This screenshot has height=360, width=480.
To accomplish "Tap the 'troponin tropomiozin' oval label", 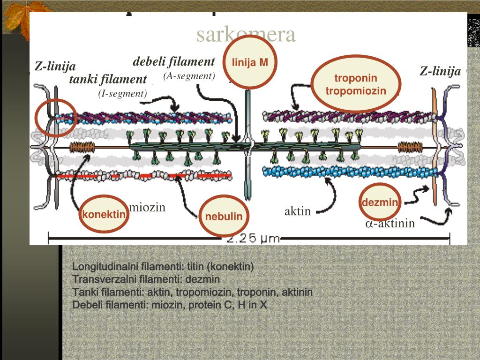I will pyautogui.click(x=356, y=84).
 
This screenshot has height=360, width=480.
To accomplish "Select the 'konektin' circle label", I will pyautogui.click(x=104, y=215).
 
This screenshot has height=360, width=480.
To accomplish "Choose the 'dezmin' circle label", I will pyautogui.click(x=380, y=203).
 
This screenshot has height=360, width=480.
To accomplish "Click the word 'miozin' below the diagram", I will pyautogui.click(x=148, y=207).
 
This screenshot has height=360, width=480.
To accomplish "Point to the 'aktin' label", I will pyautogui.click(x=298, y=211).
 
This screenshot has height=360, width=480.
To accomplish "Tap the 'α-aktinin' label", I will pyautogui.click(x=390, y=224).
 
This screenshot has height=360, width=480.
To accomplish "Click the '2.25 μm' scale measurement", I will pyautogui.click(x=253, y=239).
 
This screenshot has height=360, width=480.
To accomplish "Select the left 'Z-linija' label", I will pyautogui.click(x=55, y=67).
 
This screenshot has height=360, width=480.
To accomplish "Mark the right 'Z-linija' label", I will pyautogui.click(x=440, y=71).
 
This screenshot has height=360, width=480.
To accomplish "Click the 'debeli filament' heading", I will pyautogui.click(x=174, y=61).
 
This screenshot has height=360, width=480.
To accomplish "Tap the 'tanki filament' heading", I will pyautogui.click(x=108, y=79).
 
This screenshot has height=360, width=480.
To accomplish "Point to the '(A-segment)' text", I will pyautogui.click(x=189, y=76).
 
